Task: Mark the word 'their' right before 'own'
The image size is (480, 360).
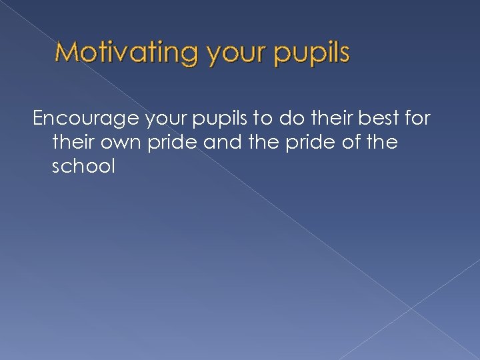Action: [x=73, y=143]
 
